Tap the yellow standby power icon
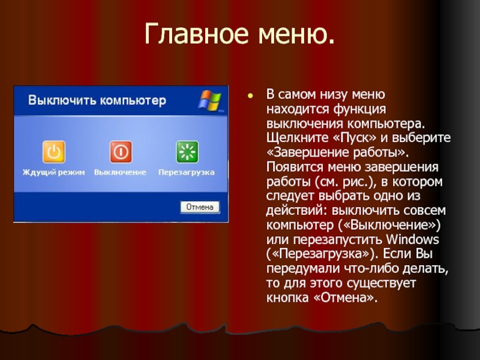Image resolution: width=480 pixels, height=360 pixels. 53,152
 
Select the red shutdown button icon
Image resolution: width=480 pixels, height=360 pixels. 120,152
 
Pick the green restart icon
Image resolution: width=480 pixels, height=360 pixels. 187,152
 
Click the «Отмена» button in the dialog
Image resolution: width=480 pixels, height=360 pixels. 200,207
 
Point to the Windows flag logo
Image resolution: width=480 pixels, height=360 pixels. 211,101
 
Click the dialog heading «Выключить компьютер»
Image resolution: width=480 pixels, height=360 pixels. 98,100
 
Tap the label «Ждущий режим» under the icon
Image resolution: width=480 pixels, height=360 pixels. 54,172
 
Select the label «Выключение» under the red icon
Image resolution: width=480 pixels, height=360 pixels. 120,172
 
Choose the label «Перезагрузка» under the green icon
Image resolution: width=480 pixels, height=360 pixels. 187,172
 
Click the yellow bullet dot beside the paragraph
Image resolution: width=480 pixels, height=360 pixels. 251,95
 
